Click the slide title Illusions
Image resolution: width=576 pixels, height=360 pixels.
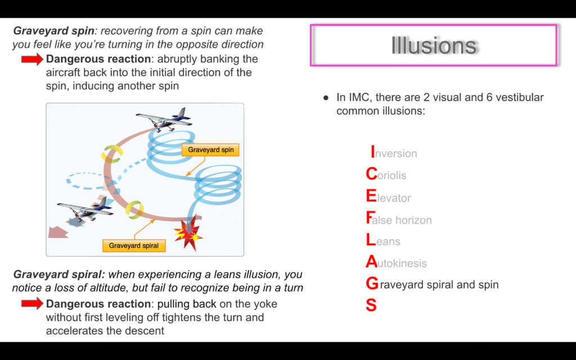[x=434, y=45]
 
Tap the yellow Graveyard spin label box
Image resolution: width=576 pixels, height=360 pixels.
[x=210, y=150]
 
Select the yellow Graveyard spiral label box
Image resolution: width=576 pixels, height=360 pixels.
[x=134, y=246]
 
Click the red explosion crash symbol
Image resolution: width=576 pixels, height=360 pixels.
[x=188, y=232]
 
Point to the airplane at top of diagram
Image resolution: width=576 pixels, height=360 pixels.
[x=164, y=119]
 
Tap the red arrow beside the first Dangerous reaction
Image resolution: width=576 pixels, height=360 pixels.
[x=32, y=59]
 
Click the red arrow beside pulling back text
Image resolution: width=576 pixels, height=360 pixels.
[x=32, y=304]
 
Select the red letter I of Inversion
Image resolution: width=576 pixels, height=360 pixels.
[x=373, y=152]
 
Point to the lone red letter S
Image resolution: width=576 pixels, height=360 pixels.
[x=371, y=305]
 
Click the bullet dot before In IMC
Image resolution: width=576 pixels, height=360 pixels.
[x=326, y=98]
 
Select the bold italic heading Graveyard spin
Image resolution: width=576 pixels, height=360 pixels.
[x=53, y=31]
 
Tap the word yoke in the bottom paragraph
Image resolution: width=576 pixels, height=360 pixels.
[x=268, y=304]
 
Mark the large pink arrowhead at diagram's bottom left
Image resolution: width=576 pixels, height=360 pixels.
[x=58, y=232]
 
